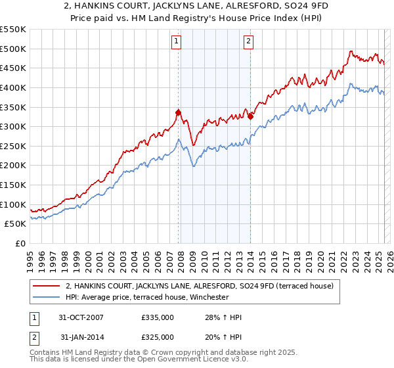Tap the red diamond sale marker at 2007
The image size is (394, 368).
(179, 112)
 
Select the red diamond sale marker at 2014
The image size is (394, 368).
(251, 116)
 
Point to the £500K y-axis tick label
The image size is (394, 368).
(12, 49)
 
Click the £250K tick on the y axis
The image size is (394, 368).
(12, 146)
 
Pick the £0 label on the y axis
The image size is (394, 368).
(21, 243)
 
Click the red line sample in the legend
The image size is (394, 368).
(47, 286)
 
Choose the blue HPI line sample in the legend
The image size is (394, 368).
(47, 297)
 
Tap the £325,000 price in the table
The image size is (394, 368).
(158, 336)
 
